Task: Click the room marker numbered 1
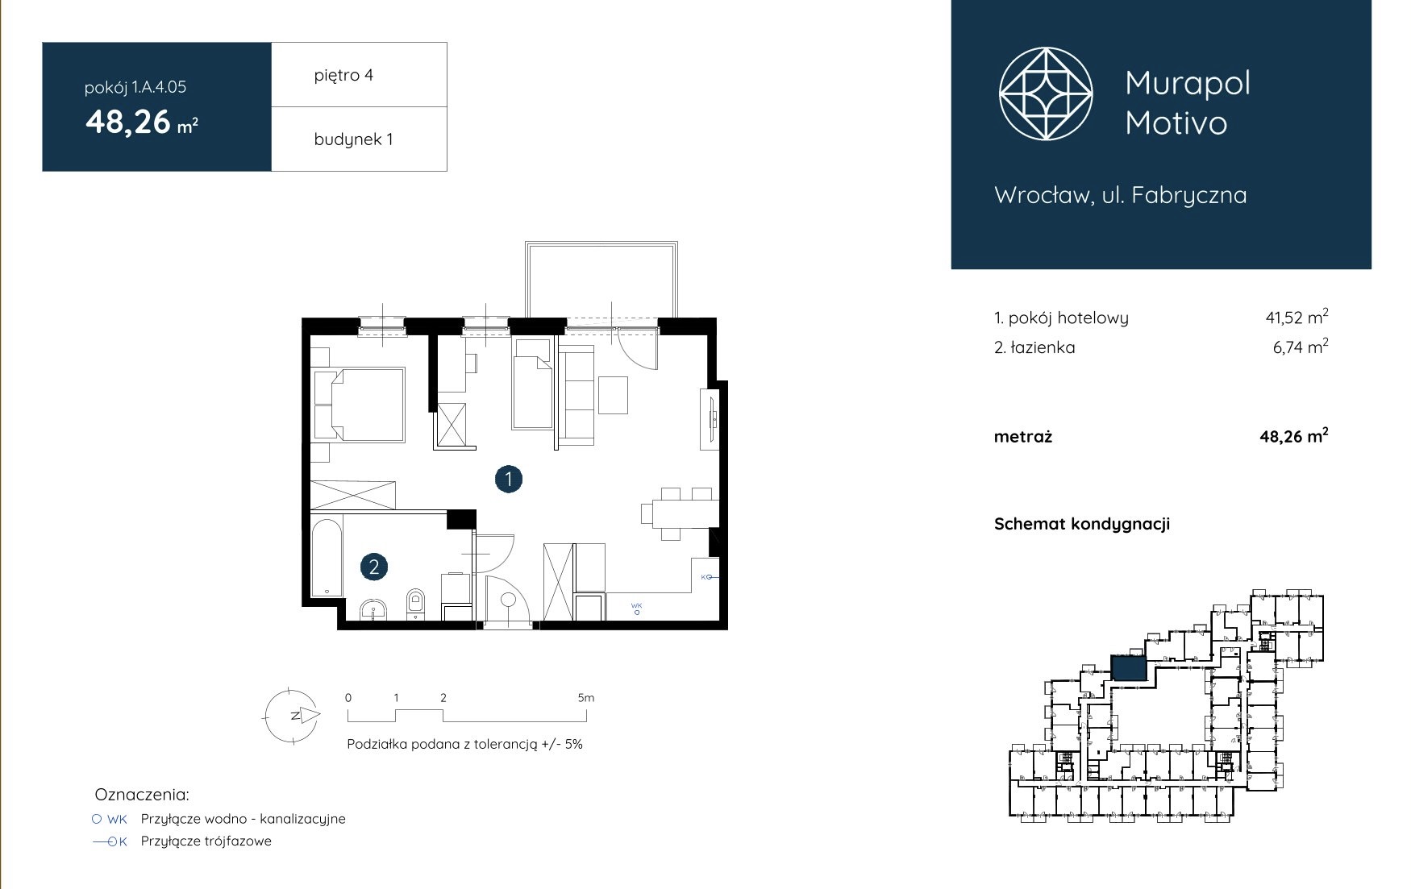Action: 509,480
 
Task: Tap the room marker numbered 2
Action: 374,567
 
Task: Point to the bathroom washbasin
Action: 374,610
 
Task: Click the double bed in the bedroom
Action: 368,405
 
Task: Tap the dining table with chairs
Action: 680,513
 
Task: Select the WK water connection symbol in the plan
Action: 637,609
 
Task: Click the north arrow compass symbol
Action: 293,715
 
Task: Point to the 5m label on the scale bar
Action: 586,698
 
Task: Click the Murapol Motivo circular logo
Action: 1046,93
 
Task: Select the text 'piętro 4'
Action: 343,75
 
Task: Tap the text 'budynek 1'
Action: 353,139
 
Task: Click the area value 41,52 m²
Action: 1297,317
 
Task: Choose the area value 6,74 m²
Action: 1301,347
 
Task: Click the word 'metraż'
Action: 1023,437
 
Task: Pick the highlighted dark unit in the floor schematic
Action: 1129,668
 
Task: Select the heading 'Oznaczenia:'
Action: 142,795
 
